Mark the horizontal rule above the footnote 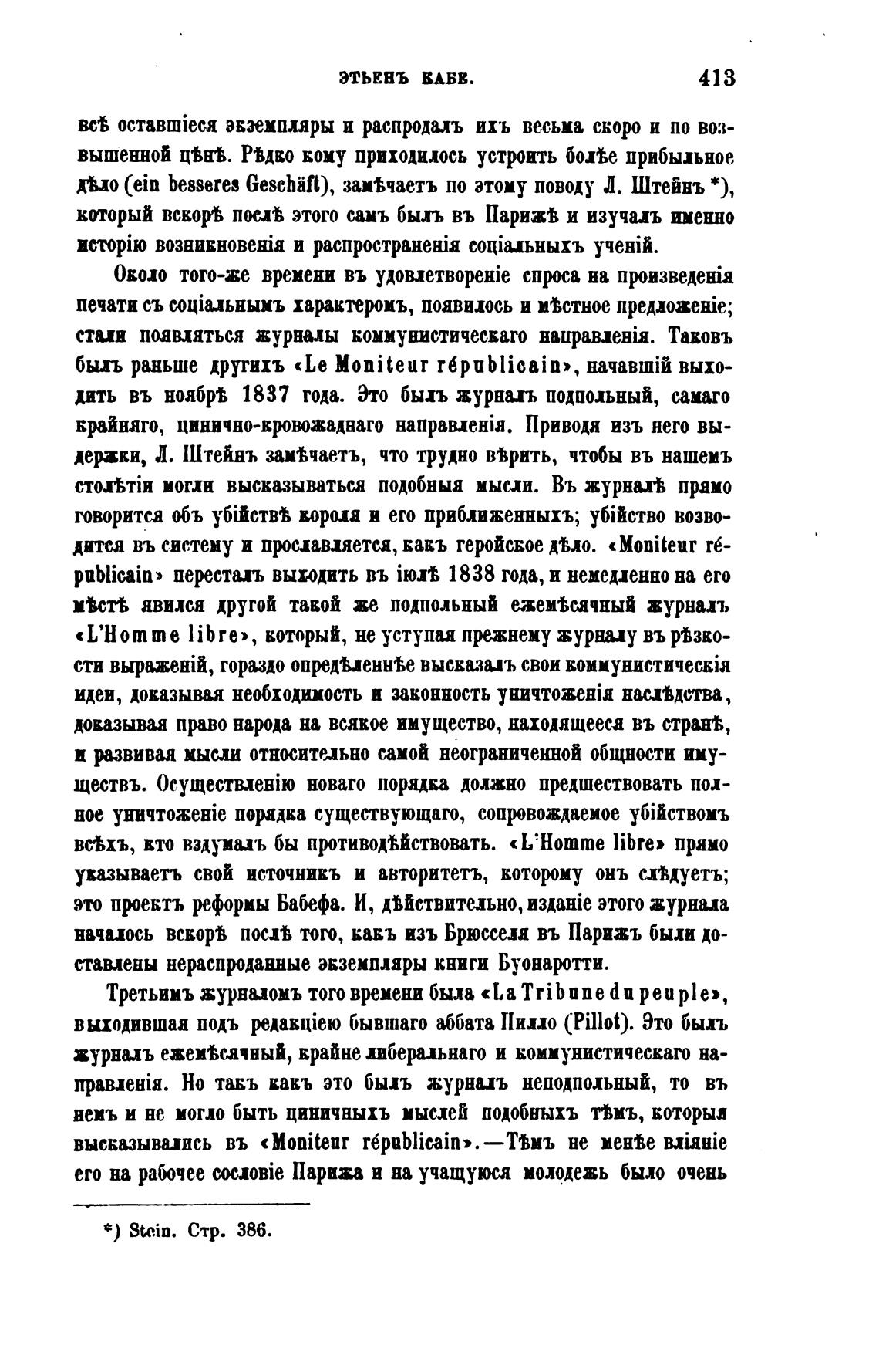(x=191, y=1203)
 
